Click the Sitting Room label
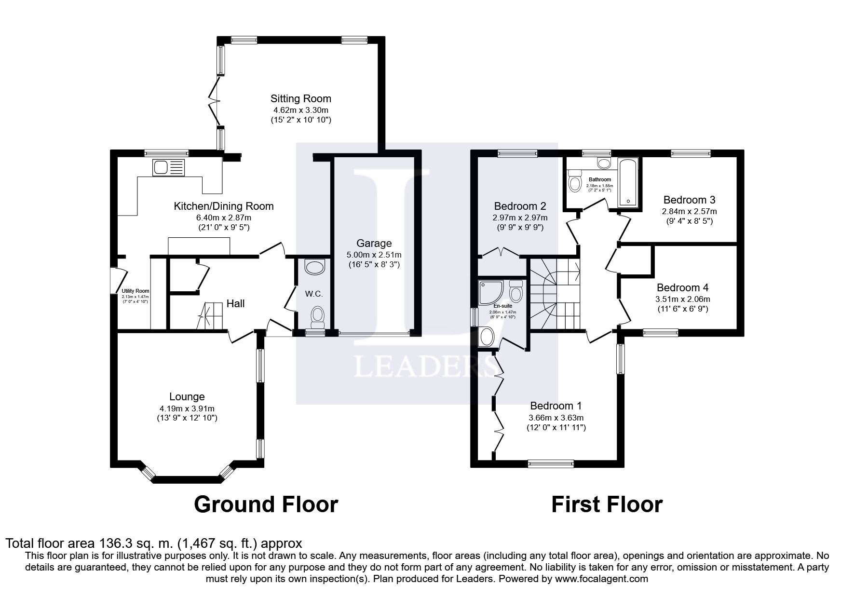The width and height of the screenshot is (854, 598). click(300, 99)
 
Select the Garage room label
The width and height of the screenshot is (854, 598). click(374, 244)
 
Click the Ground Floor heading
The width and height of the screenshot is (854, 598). click(266, 504)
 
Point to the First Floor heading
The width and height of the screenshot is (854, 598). click(607, 504)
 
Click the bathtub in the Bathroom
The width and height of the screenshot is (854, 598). click(628, 182)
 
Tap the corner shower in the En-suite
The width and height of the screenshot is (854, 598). click(491, 293)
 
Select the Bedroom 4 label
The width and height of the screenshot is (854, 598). click(682, 288)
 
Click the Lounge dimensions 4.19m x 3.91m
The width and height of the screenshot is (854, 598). click(187, 408)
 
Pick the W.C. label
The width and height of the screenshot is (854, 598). click(313, 294)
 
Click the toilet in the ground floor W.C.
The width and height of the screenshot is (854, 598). click(317, 316)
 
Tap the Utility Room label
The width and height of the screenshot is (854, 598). click(136, 291)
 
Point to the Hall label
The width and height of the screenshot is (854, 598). click(236, 303)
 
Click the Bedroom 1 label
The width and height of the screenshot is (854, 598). click(556, 406)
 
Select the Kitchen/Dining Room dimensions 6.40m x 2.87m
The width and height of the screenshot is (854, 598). click(224, 217)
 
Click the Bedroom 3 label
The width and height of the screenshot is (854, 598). click(689, 200)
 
